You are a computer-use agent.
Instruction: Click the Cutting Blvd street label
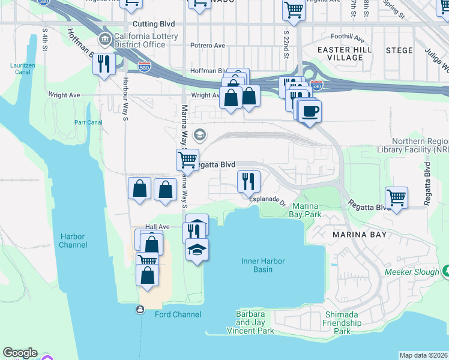pyautogui.click(x=154, y=24)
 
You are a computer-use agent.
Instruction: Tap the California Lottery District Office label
pyautogui.click(x=140, y=40)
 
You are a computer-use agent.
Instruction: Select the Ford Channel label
pyautogui.click(x=178, y=314)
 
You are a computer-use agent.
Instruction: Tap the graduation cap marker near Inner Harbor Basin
pyautogui.click(x=197, y=248)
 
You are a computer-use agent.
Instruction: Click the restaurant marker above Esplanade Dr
pyautogui.click(x=247, y=180)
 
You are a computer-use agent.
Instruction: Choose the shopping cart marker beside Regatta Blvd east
pyautogui.click(x=396, y=197)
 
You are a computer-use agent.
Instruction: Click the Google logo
pyautogui.click(x=20, y=353)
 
